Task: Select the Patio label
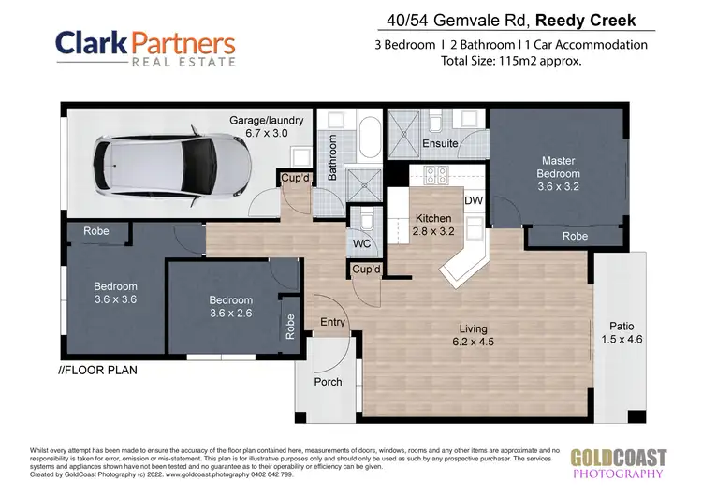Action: (x=614, y=332)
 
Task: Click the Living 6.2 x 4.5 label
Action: (x=477, y=334)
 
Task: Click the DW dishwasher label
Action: (x=473, y=200)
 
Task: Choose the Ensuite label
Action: (x=440, y=144)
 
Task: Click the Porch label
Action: (x=328, y=382)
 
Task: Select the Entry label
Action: (x=333, y=322)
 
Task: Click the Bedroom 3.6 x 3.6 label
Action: (x=115, y=293)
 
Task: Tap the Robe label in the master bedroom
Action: (x=575, y=237)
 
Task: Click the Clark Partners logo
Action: (x=144, y=49)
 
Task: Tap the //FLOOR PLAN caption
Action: (x=97, y=370)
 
